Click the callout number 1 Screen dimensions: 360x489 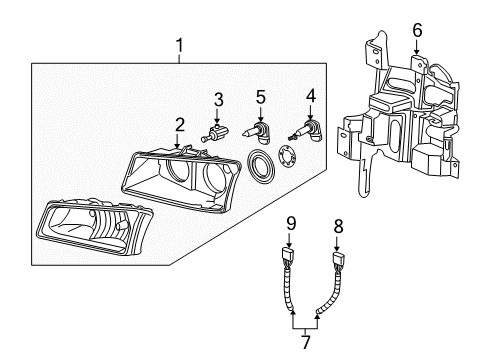179,45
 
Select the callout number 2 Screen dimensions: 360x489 179,125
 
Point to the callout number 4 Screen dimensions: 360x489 312,97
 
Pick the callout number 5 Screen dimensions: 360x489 261,97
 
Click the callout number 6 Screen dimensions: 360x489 417,31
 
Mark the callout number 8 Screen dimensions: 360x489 338,254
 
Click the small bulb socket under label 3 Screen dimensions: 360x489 216,131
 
